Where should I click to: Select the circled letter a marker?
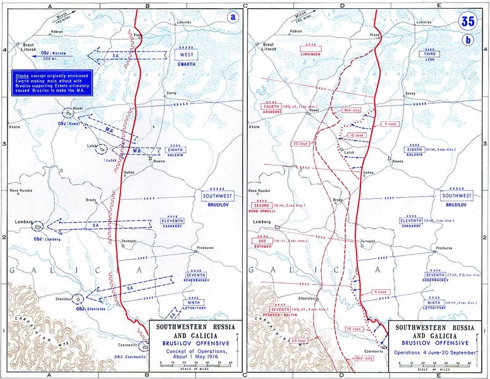233,17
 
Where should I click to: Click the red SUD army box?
262,241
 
